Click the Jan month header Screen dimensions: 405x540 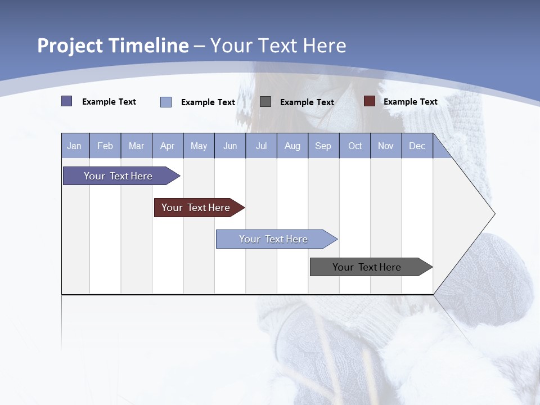tap(75, 146)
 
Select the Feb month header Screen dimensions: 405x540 tap(105, 146)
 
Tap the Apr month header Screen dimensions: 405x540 tap(168, 146)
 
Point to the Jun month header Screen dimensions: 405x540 tap(230, 146)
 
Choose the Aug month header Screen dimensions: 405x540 tap(292, 146)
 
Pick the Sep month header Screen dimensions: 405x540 tap(323, 146)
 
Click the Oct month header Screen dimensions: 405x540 tap(355, 146)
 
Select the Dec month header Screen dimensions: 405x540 tap(417, 146)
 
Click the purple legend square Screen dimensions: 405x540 tap(66, 101)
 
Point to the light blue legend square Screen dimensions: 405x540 tap(165, 102)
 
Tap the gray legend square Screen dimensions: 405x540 tap(265, 101)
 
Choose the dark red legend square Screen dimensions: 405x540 tap(369, 101)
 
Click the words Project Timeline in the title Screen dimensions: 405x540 tap(112, 46)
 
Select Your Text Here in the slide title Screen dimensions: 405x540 tap(278, 46)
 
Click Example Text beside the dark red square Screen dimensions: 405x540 tap(410, 102)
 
